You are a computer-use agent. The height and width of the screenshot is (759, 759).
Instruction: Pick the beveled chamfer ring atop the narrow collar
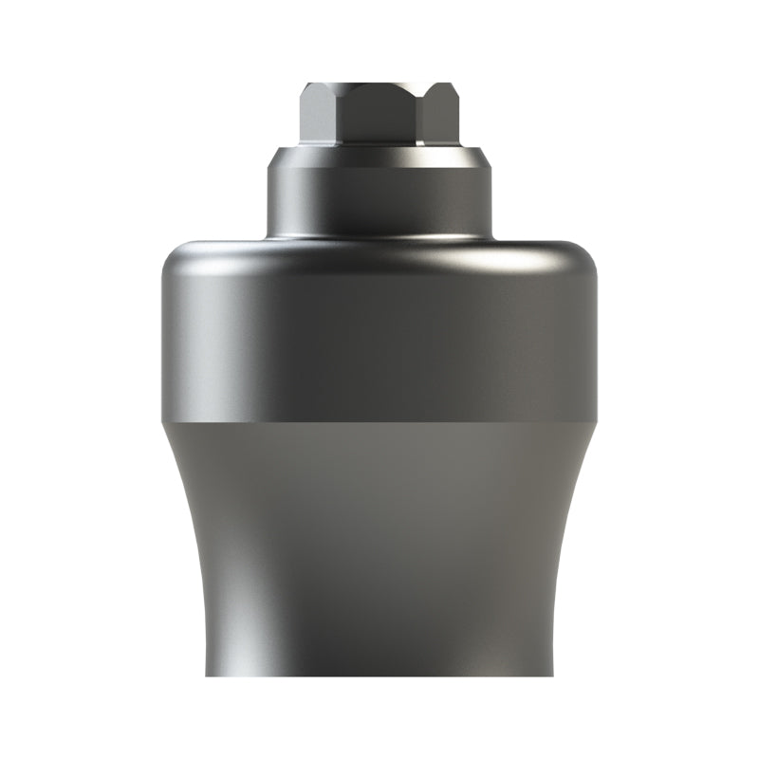click(379, 156)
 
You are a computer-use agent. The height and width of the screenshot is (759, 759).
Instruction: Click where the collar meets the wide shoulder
click(379, 237)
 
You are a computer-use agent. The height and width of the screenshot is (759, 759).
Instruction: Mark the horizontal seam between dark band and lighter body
click(379, 418)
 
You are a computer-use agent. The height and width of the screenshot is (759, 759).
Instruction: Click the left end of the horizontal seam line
click(163, 418)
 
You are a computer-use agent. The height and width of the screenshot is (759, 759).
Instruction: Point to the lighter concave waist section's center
click(379, 541)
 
